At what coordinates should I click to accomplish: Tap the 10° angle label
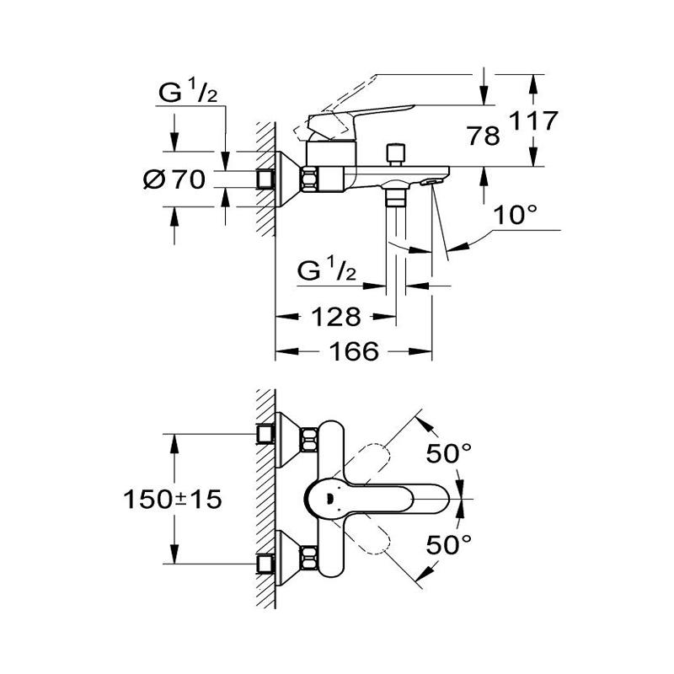515,216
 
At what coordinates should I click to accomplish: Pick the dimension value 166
352,351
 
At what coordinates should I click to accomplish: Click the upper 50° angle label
448,454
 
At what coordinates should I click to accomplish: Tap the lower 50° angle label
448,545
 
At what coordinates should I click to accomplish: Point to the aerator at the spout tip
432,180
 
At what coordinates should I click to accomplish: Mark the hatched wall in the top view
266,497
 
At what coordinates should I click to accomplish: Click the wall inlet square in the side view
268,179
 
